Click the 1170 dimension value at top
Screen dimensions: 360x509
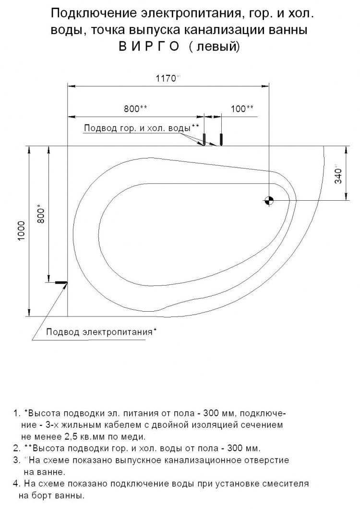[x=166, y=78]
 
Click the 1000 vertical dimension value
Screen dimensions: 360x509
[x=22, y=230]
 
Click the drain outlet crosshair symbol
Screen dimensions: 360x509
[x=269, y=201]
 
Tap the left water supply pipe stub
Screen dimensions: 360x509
[x=204, y=139]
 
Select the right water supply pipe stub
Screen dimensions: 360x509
[x=221, y=139]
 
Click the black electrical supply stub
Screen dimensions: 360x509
[x=61, y=282]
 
